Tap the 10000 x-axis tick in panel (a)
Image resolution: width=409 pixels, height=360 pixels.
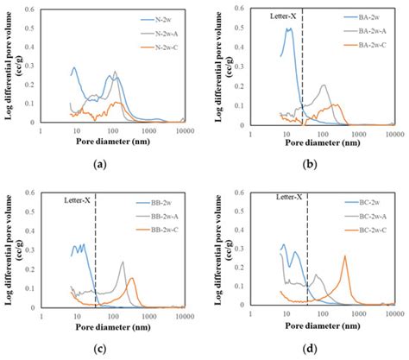pyautogui.click(x=182, y=134)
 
